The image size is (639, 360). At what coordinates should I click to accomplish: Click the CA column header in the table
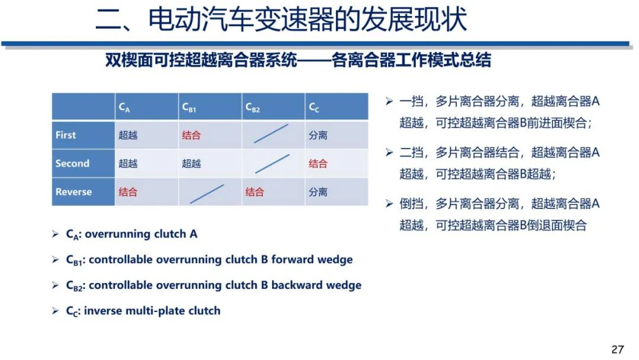click(x=124, y=107)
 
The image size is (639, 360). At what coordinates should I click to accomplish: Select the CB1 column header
click(x=189, y=107)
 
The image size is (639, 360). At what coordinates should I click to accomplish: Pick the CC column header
click(x=314, y=107)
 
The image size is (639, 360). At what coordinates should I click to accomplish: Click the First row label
click(x=66, y=135)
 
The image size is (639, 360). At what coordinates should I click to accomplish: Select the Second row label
click(x=72, y=163)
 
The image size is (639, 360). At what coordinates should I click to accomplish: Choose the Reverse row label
click(x=73, y=192)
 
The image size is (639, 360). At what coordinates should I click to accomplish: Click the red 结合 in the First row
click(x=191, y=135)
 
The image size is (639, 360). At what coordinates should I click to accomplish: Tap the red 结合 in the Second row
click(x=318, y=163)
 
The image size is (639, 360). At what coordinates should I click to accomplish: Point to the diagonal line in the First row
click(x=272, y=134)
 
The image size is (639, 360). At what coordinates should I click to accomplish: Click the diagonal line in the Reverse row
click(x=207, y=194)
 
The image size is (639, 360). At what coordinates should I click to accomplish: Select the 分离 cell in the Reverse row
click(x=318, y=192)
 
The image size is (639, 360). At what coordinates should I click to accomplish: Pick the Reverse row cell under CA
click(x=128, y=192)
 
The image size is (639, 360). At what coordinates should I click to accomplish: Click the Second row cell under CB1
click(x=191, y=163)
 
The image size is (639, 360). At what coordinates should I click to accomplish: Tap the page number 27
click(x=618, y=349)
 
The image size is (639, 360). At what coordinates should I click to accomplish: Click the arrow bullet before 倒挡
click(x=389, y=204)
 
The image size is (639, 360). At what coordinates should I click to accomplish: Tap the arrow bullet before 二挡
click(x=389, y=152)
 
